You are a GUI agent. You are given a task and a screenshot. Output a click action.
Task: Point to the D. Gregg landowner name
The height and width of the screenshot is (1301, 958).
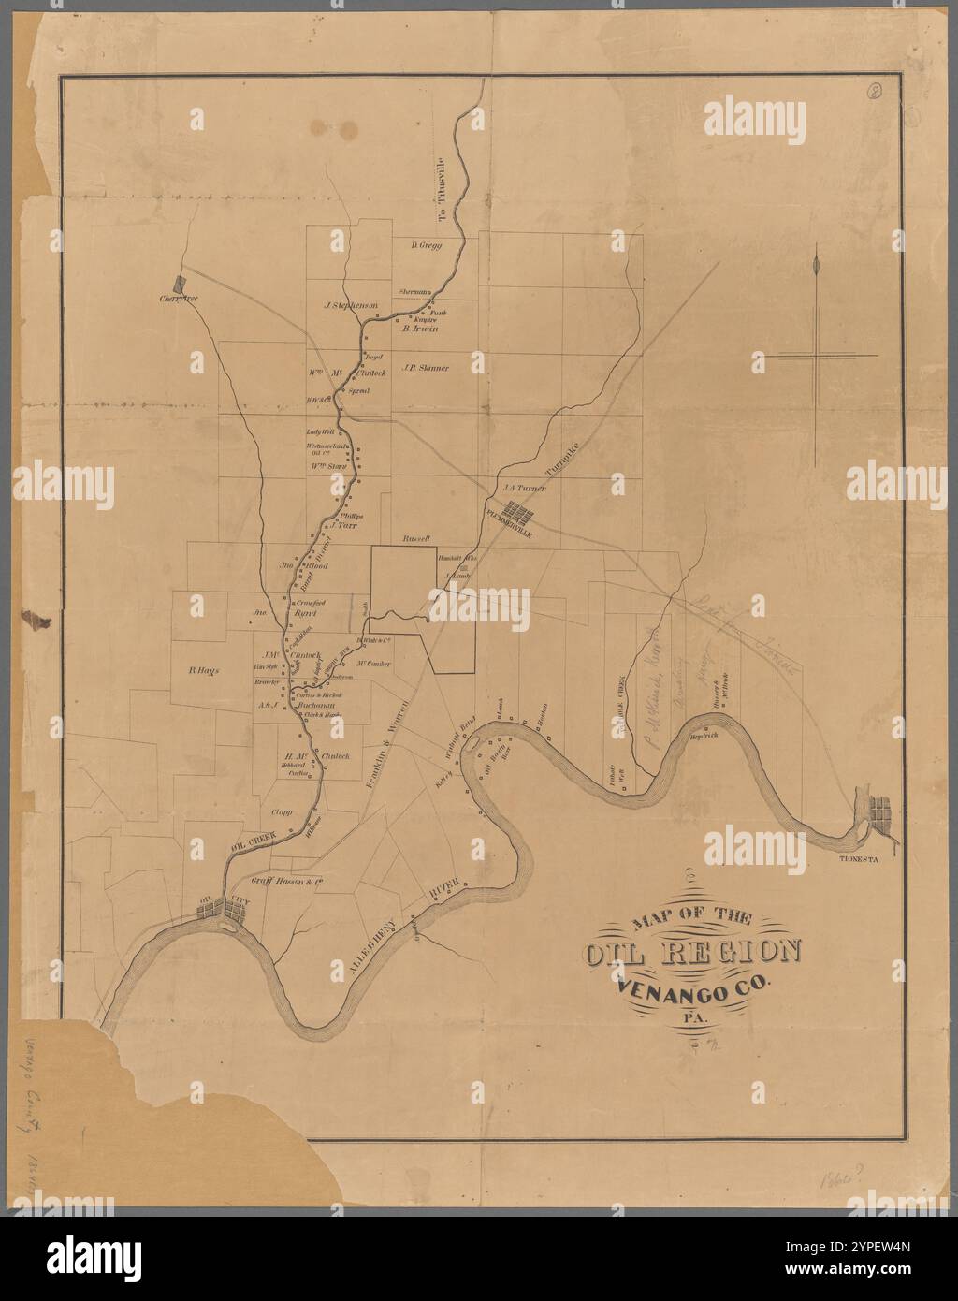pyautogui.click(x=426, y=245)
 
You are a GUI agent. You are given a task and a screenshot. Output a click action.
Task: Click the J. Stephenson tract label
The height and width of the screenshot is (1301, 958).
pyautogui.click(x=350, y=305)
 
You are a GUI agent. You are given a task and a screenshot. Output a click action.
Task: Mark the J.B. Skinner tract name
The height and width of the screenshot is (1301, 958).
pyautogui.click(x=426, y=368)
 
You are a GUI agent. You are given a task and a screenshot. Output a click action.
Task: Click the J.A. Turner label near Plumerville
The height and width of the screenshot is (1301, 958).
pyautogui.click(x=524, y=488)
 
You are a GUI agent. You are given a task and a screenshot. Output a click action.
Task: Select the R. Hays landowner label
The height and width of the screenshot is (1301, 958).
pyautogui.click(x=203, y=670)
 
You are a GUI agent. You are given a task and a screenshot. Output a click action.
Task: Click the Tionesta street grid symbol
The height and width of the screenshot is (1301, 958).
pyautogui.click(x=880, y=809)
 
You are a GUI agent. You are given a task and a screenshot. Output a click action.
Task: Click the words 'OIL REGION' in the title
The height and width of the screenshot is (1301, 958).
pyautogui.click(x=693, y=952)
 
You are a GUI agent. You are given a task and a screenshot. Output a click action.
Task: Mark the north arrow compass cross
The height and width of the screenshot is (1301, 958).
pyautogui.click(x=818, y=355)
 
